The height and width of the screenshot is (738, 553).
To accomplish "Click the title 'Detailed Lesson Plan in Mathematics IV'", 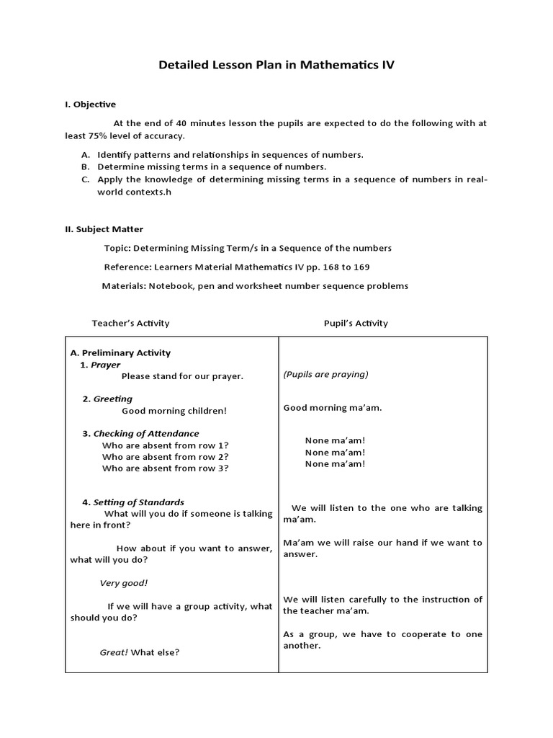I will tap(276, 65).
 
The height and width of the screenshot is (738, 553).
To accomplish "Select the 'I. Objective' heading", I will tap(90, 105).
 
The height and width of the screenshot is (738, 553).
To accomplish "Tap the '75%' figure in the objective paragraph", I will tap(97, 135).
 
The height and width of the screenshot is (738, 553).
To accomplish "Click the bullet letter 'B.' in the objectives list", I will tap(85, 166).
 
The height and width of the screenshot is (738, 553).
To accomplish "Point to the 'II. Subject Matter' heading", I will tap(104, 229).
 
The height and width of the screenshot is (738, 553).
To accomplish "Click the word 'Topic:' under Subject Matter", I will tap(118, 248).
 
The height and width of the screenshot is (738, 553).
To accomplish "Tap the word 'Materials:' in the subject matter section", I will tap(123, 285).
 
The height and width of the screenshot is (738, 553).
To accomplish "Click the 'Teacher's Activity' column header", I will tap(130, 323).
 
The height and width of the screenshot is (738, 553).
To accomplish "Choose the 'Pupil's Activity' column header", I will tap(356, 323).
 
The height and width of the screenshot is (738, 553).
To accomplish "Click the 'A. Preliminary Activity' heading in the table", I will tap(120, 352).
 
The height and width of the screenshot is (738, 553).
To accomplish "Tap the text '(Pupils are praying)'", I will tap(325, 374).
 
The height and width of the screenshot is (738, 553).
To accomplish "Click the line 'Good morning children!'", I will tap(174, 411).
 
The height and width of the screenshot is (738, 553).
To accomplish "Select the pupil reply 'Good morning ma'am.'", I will tap(333, 408).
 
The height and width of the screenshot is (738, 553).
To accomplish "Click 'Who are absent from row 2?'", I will tap(166, 456).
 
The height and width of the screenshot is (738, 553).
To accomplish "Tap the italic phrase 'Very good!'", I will tap(123, 583).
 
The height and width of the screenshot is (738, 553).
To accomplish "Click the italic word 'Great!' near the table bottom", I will tap(114, 652).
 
